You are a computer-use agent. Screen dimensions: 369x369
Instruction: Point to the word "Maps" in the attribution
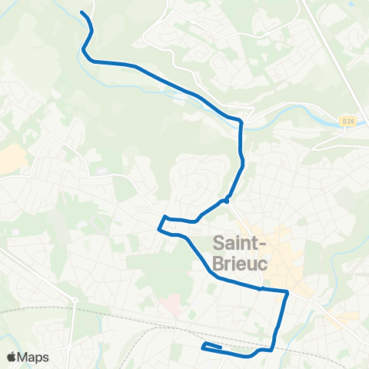tap(33, 357)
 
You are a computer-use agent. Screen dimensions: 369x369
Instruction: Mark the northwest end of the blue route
tap(81, 12)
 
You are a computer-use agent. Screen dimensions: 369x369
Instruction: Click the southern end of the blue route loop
tap(204, 347)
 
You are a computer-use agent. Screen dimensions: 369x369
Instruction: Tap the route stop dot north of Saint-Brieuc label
tap(227, 201)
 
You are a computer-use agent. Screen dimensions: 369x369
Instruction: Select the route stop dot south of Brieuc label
tap(262, 289)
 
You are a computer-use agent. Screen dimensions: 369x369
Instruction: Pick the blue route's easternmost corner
tap(288, 292)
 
